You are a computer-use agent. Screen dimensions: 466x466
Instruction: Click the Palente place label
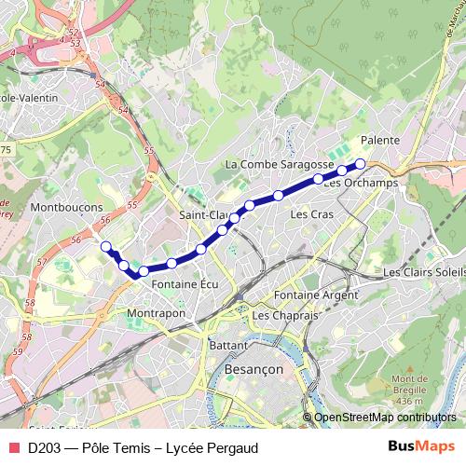tap(379, 140)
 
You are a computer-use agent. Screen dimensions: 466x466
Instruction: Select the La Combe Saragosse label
tap(273, 164)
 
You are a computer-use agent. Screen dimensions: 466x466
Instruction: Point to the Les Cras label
tap(311, 214)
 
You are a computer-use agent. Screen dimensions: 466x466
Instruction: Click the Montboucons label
tap(66, 207)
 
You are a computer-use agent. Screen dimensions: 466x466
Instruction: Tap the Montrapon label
tap(157, 313)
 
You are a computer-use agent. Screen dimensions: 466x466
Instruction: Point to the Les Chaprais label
tap(285, 317)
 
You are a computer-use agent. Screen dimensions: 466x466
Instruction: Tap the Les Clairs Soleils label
tap(424, 273)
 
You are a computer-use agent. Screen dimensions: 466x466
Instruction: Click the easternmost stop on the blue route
tap(360, 163)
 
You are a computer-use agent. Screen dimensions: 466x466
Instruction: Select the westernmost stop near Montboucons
tap(106, 247)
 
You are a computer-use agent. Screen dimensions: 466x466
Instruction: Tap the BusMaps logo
tap(422, 446)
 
